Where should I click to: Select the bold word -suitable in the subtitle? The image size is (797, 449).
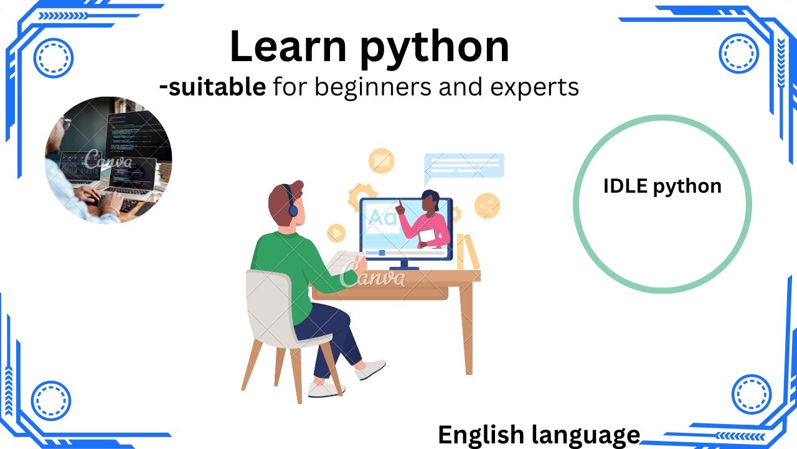point(212,88)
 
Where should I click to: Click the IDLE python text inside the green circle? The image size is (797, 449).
point(662,186)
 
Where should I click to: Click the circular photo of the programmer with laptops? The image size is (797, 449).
point(108,160)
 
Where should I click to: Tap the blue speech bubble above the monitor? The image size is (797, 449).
point(464,165)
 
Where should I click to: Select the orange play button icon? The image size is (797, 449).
point(336,233)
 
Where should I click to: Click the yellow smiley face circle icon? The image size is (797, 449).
point(487,205)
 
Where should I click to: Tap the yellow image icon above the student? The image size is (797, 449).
point(381,161)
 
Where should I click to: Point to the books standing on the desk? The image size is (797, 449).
point(468,252)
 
